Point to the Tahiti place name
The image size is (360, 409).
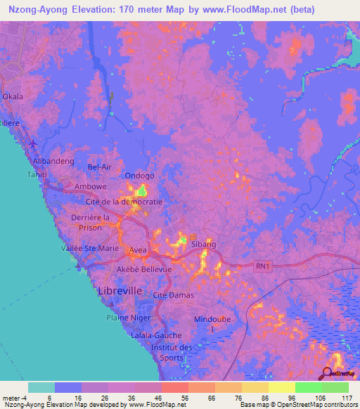[x=37, y=174]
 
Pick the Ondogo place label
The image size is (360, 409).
[x=139, y=176]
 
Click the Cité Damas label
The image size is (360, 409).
[x=173, y=294]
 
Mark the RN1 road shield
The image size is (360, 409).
[x=262, y=266]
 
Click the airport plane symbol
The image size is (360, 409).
[x=34, y=143]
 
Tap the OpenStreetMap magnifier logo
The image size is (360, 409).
[x=328, y=373]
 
